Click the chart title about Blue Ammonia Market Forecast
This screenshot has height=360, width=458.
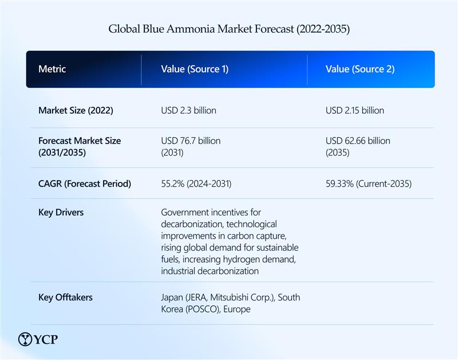coord(229,29)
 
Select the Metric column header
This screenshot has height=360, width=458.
coord(52,69)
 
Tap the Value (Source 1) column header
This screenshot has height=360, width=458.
coord(195,69)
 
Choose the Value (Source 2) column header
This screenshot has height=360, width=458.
coord(360,69)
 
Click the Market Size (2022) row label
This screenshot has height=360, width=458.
coord(76,110)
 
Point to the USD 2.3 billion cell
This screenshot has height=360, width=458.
coord(189,110)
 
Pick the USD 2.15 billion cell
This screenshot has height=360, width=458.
coord(355,110)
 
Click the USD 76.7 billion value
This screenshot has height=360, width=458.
coord(191,141)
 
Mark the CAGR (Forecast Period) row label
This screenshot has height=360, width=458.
coord(85,184)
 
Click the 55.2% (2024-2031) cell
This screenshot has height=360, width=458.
coord(196,184)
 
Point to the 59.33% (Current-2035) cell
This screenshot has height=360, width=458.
coord(369,184)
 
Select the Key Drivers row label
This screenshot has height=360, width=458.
coord(61,212)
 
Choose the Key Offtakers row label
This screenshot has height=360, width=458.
coord(65,298)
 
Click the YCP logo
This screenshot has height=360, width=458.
coord(38,339)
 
